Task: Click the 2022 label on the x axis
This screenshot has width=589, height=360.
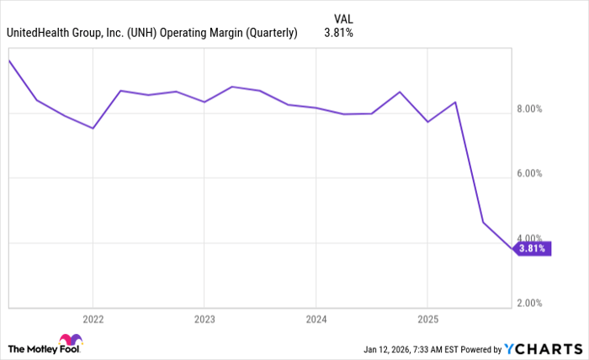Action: point(93,320)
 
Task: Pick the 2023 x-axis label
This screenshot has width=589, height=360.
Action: point(204,320)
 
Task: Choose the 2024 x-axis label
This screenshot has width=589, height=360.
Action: point(316,320)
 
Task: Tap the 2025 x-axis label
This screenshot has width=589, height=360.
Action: point(427,320)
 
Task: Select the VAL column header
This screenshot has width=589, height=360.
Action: point(343,17)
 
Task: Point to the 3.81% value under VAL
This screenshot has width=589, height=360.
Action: point(337,34)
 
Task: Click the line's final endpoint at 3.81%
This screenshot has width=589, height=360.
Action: point(512,249)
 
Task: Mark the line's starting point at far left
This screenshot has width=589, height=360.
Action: point(8,61)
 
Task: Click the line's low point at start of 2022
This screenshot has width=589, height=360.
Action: point(93,128)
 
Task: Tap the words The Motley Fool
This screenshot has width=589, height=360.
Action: point(34,348)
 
